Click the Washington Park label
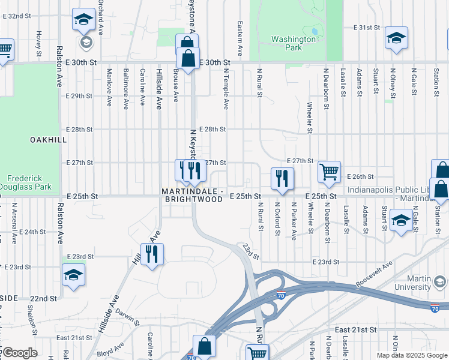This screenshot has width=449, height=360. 294,43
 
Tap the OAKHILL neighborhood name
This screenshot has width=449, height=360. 48,139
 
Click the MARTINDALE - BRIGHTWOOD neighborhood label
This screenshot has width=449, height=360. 193,196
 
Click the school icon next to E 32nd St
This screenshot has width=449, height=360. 83,20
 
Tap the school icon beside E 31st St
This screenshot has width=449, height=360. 396,38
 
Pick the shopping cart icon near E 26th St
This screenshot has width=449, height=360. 330,172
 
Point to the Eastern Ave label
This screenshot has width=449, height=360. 240,36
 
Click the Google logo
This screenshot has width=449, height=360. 20,353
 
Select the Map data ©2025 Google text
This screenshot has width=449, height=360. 411,355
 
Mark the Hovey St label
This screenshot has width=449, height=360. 38,40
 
